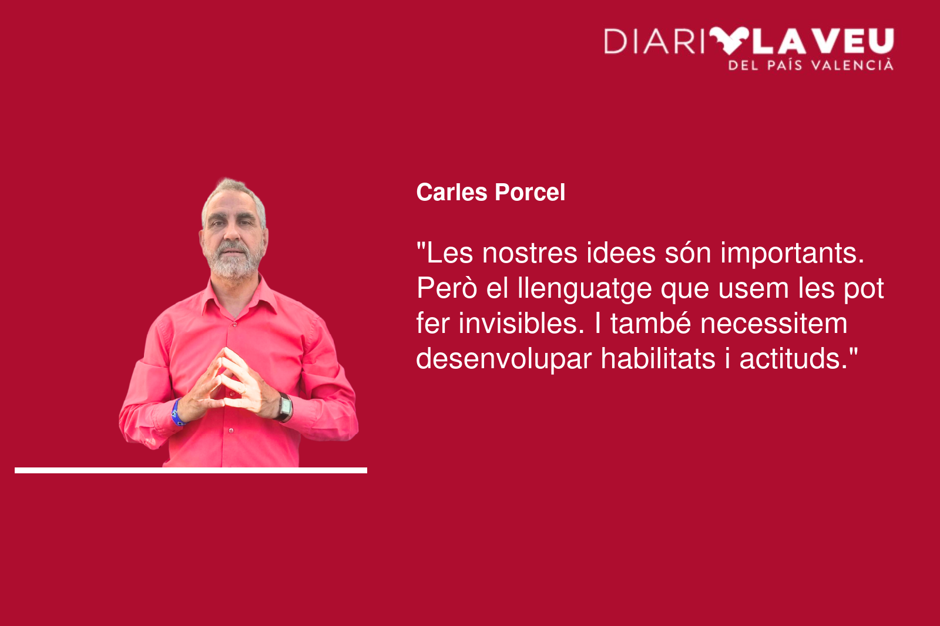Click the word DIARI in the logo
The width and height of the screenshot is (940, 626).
[654, 42]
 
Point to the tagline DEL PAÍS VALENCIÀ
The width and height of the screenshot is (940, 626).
[811, 65]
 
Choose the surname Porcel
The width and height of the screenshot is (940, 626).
[530, 193]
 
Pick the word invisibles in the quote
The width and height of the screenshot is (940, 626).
[521, 324]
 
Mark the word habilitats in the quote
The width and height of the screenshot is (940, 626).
[658, 359]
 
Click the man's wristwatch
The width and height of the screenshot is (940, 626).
[284, 407]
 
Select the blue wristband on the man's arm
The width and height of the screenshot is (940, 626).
[178, 412]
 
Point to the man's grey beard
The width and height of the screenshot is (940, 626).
[234, 261]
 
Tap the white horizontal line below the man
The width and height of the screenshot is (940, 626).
[191, 470]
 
